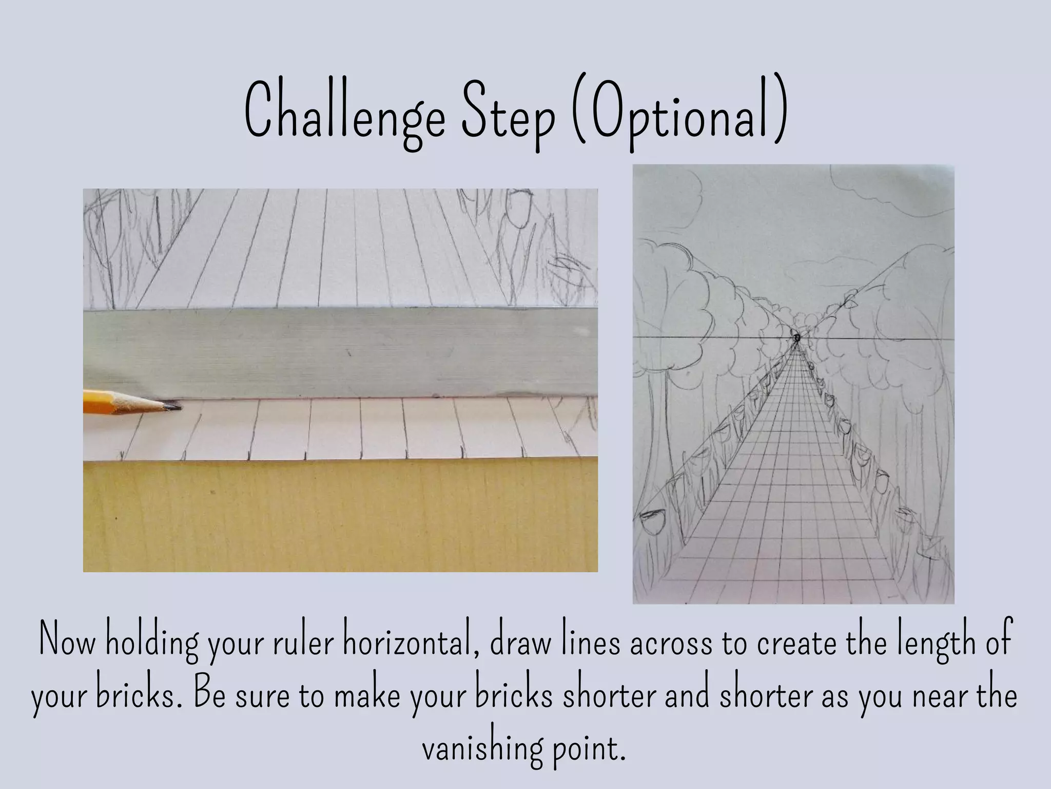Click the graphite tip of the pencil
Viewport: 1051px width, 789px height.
pos(175,407)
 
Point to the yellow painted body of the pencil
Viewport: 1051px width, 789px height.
pos(98,401)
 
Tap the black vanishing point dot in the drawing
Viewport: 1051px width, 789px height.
pos(797,338)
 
